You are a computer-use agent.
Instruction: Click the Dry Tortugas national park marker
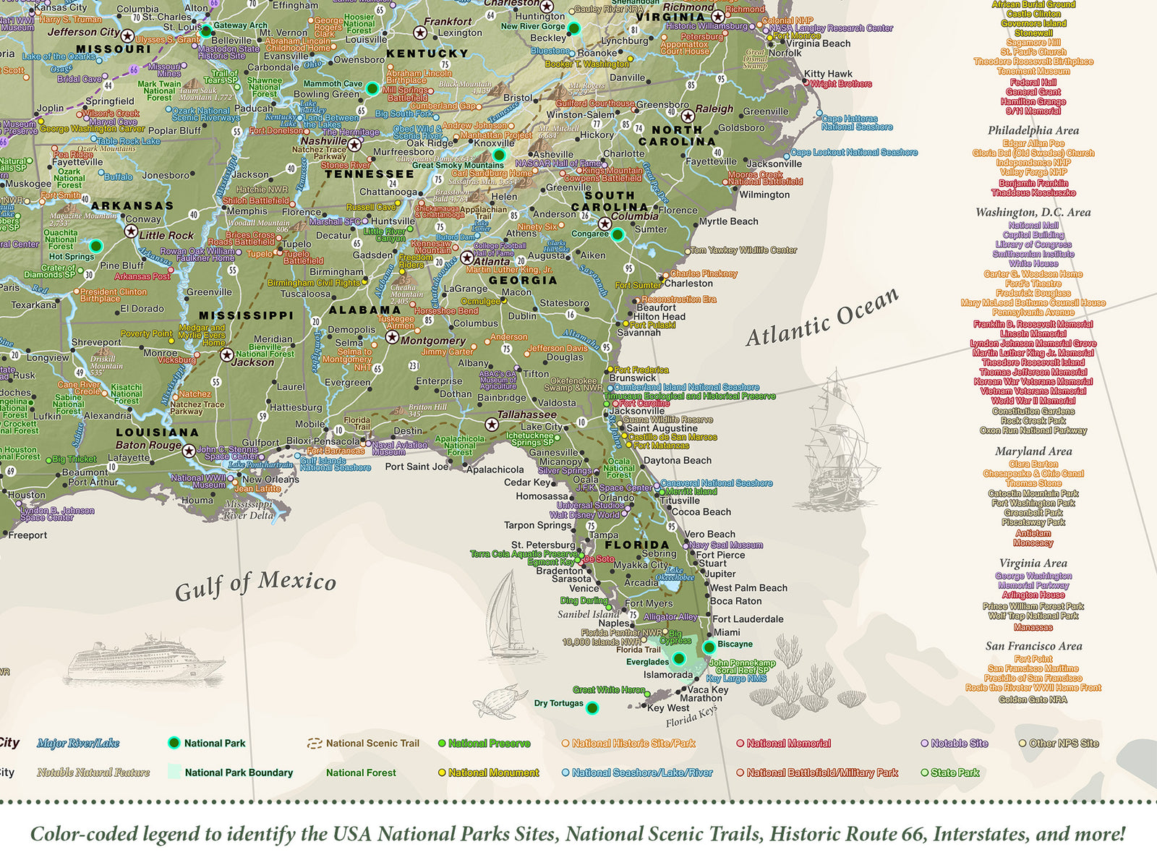[x=592, y=708]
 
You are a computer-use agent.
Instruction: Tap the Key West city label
[x=668, y=708]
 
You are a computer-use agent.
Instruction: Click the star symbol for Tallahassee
[x=492, y=425]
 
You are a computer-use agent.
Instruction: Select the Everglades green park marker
[x=678, y=658]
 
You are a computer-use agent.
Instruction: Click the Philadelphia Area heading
[x=1033, y=131]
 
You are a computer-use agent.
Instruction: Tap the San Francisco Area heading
[x=1033, y=647]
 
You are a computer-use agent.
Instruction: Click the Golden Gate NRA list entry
[x=1033, y=699]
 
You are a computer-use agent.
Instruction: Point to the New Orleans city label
[x=270, y=480]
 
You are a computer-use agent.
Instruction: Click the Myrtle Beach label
[x=728, y=222]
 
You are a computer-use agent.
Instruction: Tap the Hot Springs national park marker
[x=95, y=247]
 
